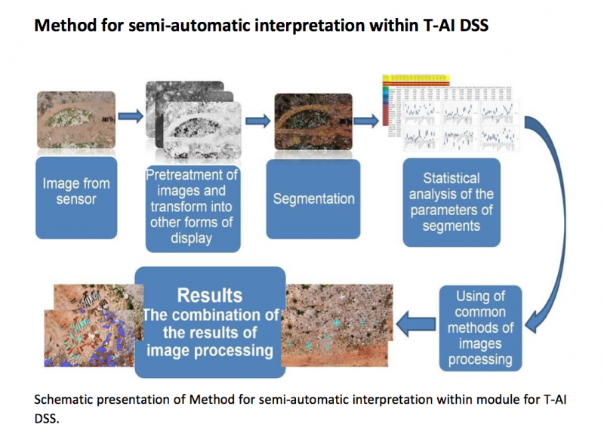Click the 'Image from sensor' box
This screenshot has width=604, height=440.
click(76, 195)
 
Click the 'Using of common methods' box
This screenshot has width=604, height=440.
click(480, 328)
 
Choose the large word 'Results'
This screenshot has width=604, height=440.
click(210, 295)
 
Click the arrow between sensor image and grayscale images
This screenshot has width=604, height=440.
click(130, 116)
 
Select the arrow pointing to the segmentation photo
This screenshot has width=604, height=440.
click(257, 118)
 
